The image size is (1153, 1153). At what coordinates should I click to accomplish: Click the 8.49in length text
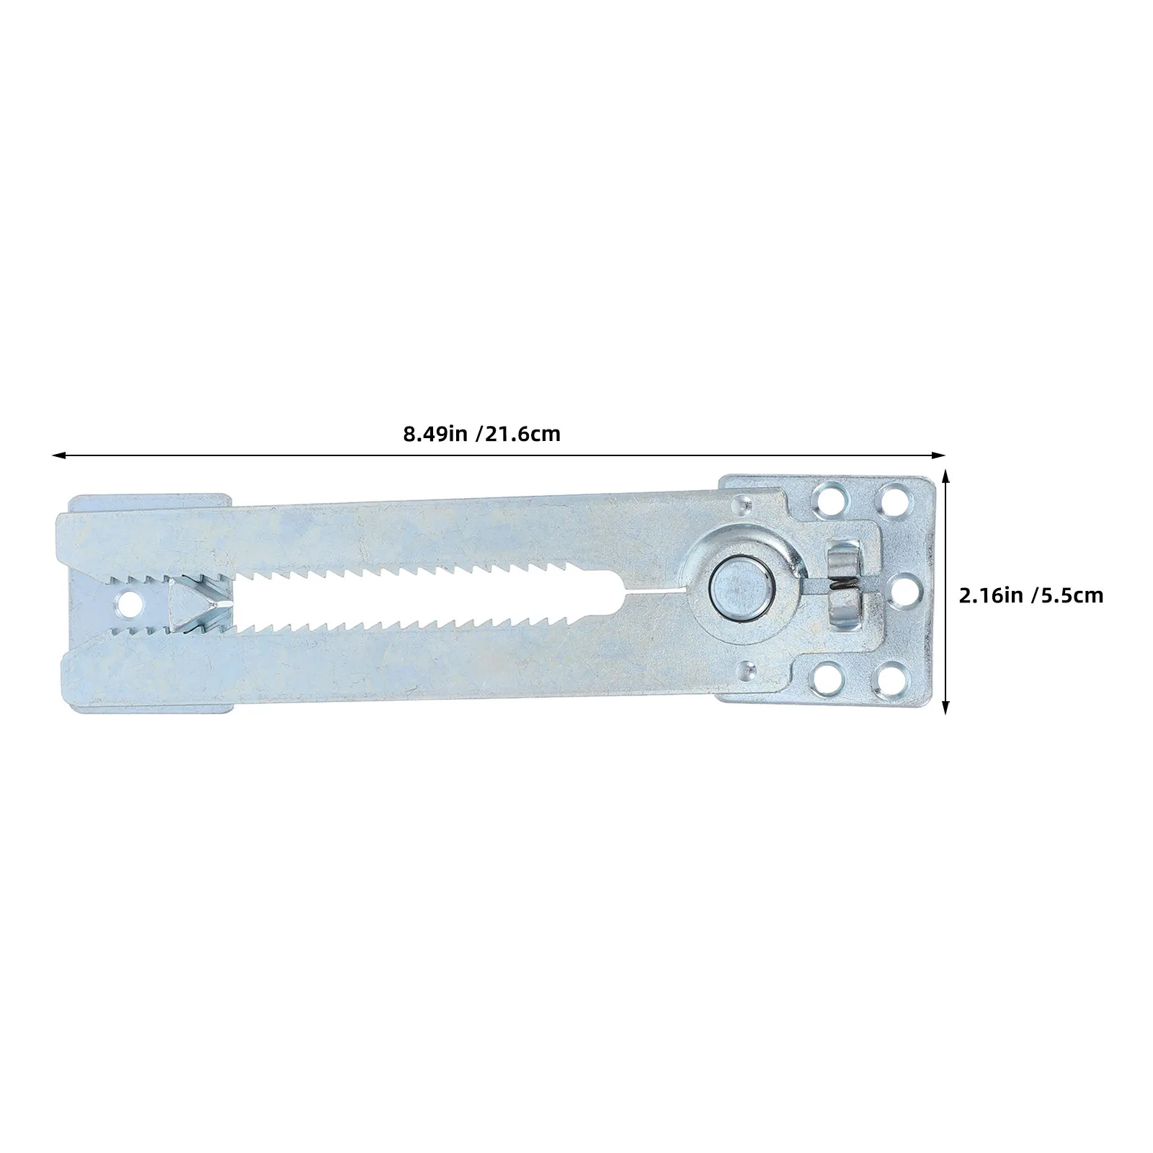(x=435, y=435)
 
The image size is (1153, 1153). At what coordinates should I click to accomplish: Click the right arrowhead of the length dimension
(x=938, y=455)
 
